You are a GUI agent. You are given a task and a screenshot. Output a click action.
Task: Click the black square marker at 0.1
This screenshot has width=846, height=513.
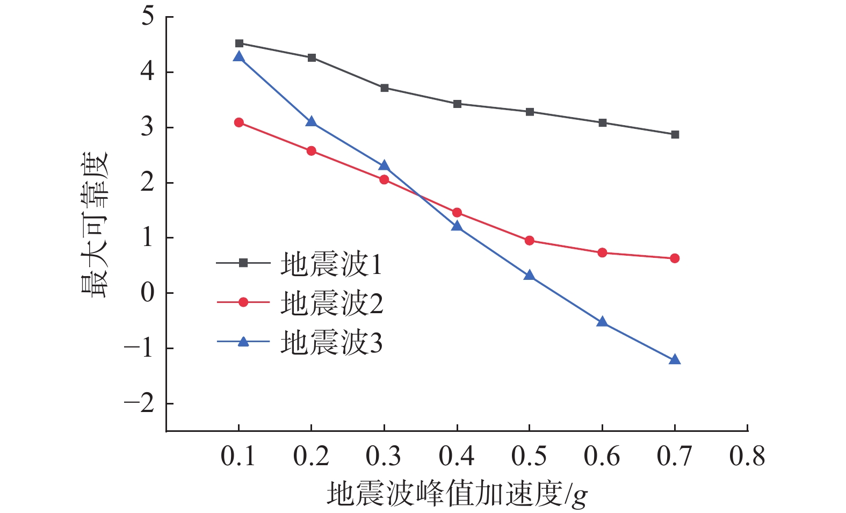click(x=239, y=44)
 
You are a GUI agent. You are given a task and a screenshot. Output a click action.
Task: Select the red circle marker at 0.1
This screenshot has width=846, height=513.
click(x=239, y=122)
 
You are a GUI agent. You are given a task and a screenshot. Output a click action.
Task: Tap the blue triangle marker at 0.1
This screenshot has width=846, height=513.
click(x=239, y=57)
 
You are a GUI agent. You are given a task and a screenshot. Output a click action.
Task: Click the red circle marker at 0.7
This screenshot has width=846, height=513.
click(x=675, y=258)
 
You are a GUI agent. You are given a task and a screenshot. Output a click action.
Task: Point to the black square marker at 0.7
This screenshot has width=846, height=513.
click(x=675, y=134)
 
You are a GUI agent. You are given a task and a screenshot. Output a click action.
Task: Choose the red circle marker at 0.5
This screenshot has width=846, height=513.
click(x=530, y=240)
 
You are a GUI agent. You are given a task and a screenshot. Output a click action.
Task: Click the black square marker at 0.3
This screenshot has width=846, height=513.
click(x=385, y=88)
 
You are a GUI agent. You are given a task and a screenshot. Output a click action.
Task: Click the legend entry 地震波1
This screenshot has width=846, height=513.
click(x=330, y=264)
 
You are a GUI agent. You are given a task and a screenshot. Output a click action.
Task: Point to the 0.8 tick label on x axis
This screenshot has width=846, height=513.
click(x=747, y=457)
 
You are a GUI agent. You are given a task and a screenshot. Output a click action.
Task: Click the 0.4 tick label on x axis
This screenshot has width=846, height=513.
click(x=457, y=457)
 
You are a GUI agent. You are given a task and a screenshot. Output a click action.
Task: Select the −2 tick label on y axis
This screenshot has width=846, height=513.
click(x=139, y=403)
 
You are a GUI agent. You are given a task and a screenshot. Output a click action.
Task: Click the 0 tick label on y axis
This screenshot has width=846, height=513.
click(x=147, y=293)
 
